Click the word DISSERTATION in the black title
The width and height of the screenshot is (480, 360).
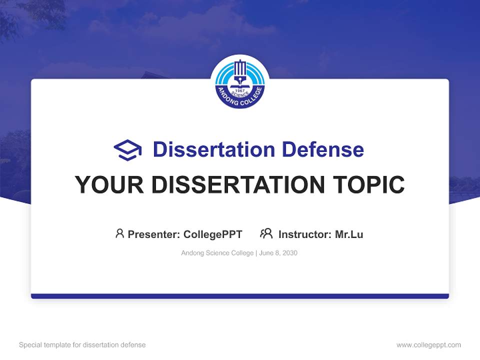point(237,185)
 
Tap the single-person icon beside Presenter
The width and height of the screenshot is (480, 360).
point(119,233)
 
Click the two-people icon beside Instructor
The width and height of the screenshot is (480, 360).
point(266,233)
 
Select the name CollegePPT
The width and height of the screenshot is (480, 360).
point(212,234)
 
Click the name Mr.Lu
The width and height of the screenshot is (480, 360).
point(349,234)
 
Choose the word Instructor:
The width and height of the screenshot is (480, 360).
point(305,234)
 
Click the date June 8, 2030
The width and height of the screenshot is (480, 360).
point(278,253)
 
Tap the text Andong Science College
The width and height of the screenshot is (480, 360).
point(217,253)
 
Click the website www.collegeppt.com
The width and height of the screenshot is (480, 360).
point(428,345)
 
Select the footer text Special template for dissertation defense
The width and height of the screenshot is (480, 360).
point(82,345)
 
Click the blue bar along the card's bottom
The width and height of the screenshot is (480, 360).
point(240,296)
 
